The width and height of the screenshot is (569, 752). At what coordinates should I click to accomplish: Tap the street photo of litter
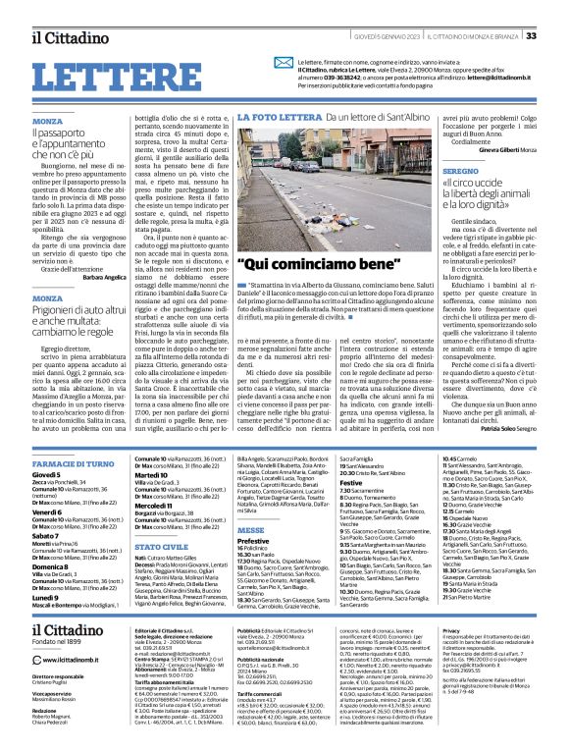335,187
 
